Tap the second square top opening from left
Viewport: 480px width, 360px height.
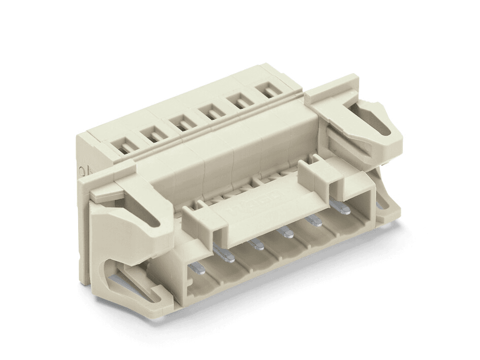pyautogui.click(x=152, y=134)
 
